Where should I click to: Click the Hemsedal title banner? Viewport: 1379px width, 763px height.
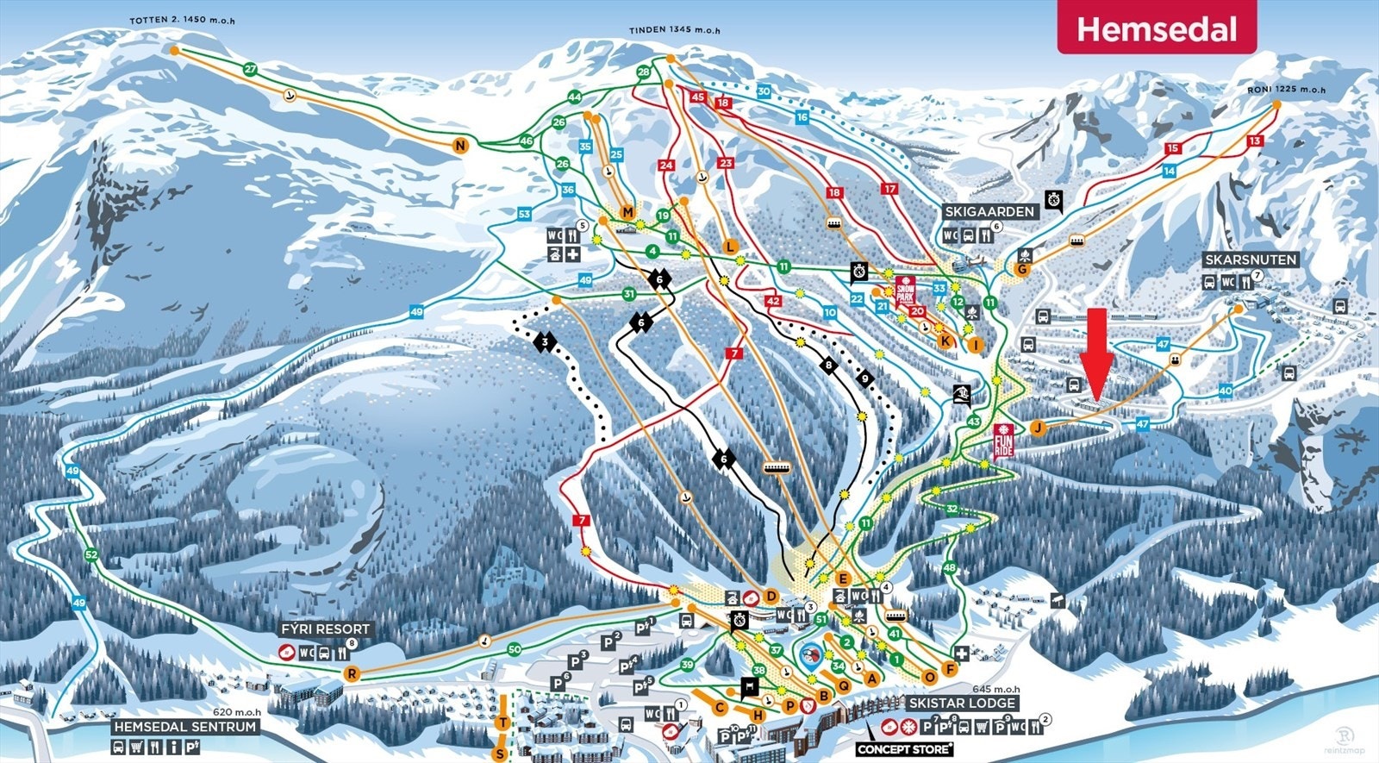coord(1157,28)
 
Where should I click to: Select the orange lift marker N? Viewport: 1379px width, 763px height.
coord(460,146)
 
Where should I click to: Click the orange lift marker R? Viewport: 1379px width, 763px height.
coord(351,673)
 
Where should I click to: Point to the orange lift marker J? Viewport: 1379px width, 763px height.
coord(1038,427)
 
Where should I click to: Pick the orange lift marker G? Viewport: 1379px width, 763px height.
coord(1022,269)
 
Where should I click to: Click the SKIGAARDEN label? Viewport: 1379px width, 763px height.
coord(989,211)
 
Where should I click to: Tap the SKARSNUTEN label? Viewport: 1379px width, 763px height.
coord(1250,260)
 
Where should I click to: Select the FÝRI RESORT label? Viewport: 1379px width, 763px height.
coord(325,629)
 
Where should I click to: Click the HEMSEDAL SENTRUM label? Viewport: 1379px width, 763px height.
coord(185,727)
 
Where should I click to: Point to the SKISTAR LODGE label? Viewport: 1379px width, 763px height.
coord(962,703)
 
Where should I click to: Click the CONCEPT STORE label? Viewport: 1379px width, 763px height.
coord(904,749)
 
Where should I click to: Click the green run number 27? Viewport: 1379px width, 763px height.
coord(250,69)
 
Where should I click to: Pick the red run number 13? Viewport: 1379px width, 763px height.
coord(1255,141)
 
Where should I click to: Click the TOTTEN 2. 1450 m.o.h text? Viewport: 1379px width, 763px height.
coord(181,20)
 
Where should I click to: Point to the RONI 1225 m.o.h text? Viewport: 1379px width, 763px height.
coord(1286,90)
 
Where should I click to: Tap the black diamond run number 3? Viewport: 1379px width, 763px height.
coord(545,342)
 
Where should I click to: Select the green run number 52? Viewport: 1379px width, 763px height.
coord(91,554)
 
